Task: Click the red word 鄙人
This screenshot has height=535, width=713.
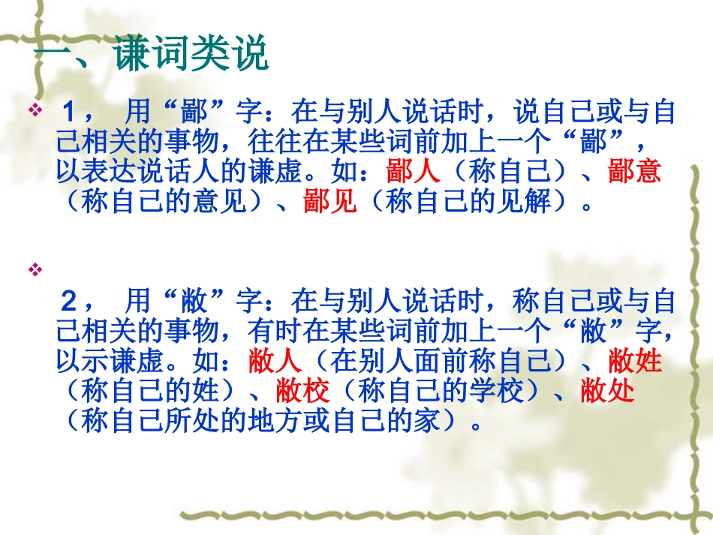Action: [x=414, y=172]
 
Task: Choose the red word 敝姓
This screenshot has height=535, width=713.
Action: [x=634, y=362]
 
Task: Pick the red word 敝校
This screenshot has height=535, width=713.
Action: [x=303, y=392]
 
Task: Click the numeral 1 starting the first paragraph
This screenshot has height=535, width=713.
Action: [x=70, y=113]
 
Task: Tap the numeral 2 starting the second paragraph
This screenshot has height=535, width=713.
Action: [x=70, y=302]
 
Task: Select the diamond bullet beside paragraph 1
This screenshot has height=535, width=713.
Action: [x=35, y=112]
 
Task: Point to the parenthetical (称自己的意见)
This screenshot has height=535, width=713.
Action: [x=167, y=202]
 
